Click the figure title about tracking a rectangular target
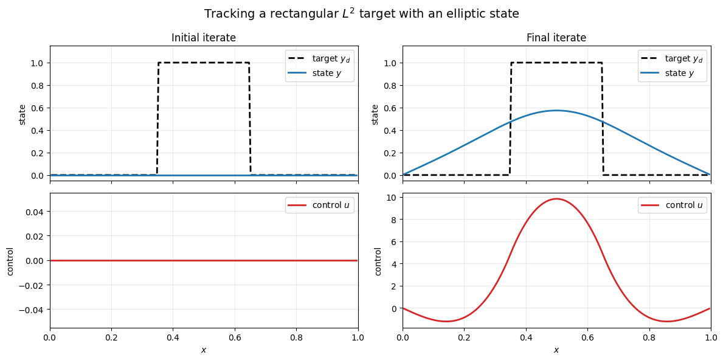coord(361,13)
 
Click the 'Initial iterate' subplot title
coord(204,38)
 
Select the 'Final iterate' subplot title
coord(556,38)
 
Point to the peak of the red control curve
coord(556,199)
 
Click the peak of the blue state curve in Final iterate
coord(556,111)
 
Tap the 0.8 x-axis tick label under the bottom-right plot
coord(649,337)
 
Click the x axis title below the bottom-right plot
coord(556,350)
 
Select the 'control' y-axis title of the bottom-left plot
coord(10,261)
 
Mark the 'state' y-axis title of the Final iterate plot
coord(375,114)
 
